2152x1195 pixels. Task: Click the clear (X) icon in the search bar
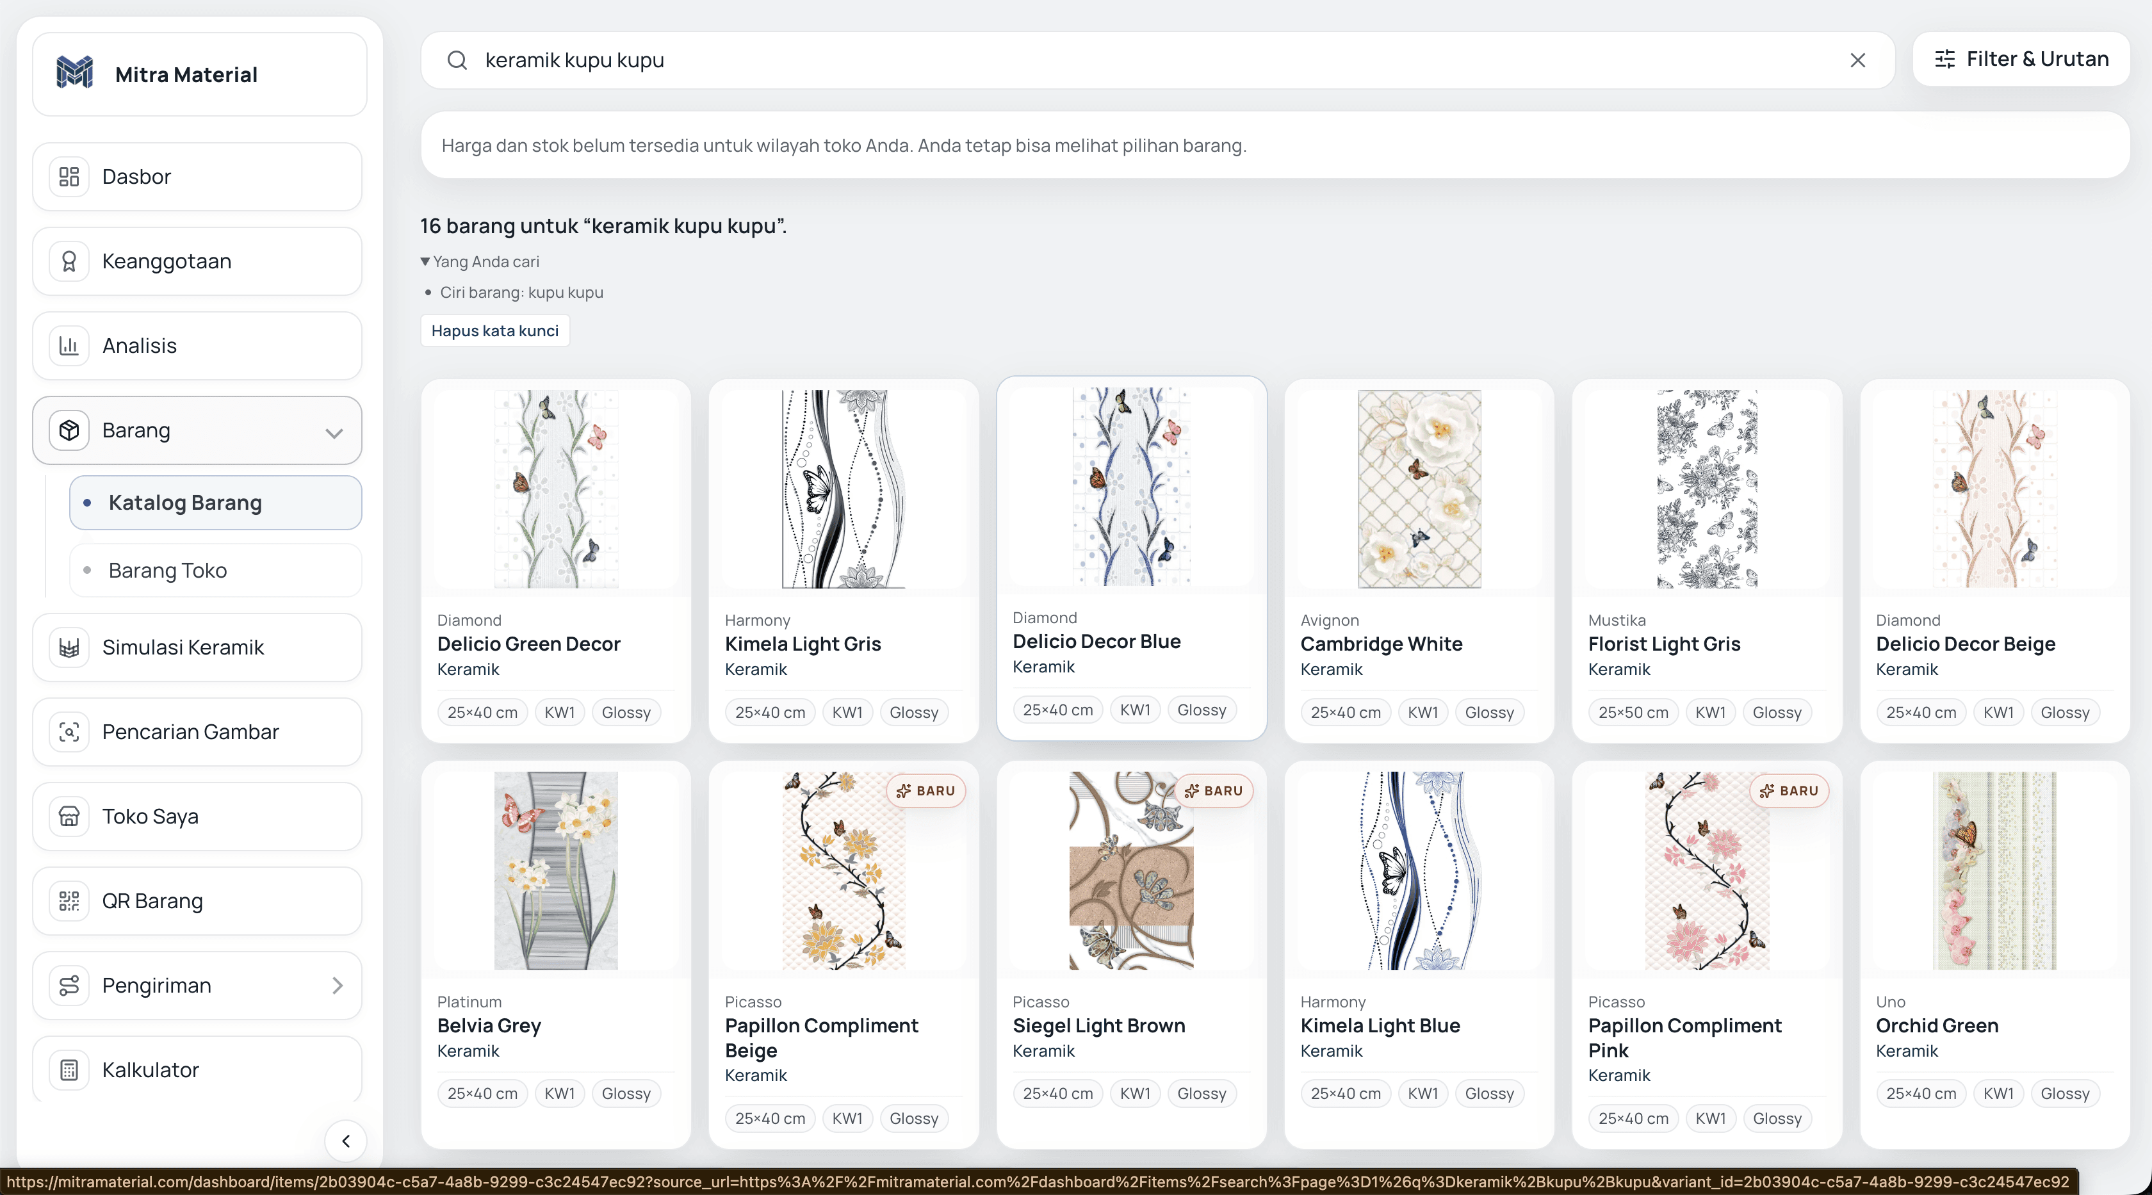coord(1857,60)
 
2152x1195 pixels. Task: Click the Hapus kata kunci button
coord(494,330)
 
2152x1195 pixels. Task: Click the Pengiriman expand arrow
coord(338,986)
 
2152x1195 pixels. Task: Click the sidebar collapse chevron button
coord(346,1141)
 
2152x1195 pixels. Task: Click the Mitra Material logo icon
coord(74,74)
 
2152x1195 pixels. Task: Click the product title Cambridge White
coord(1382,644)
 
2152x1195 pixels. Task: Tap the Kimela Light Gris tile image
coord(844,489)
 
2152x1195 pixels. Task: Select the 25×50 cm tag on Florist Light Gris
coord(1633,712)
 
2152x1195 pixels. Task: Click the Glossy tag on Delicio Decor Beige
coord(2065,712)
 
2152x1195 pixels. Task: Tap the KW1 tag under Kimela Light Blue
coord(1422,1093)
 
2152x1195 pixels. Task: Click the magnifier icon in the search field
coord(457,60)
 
